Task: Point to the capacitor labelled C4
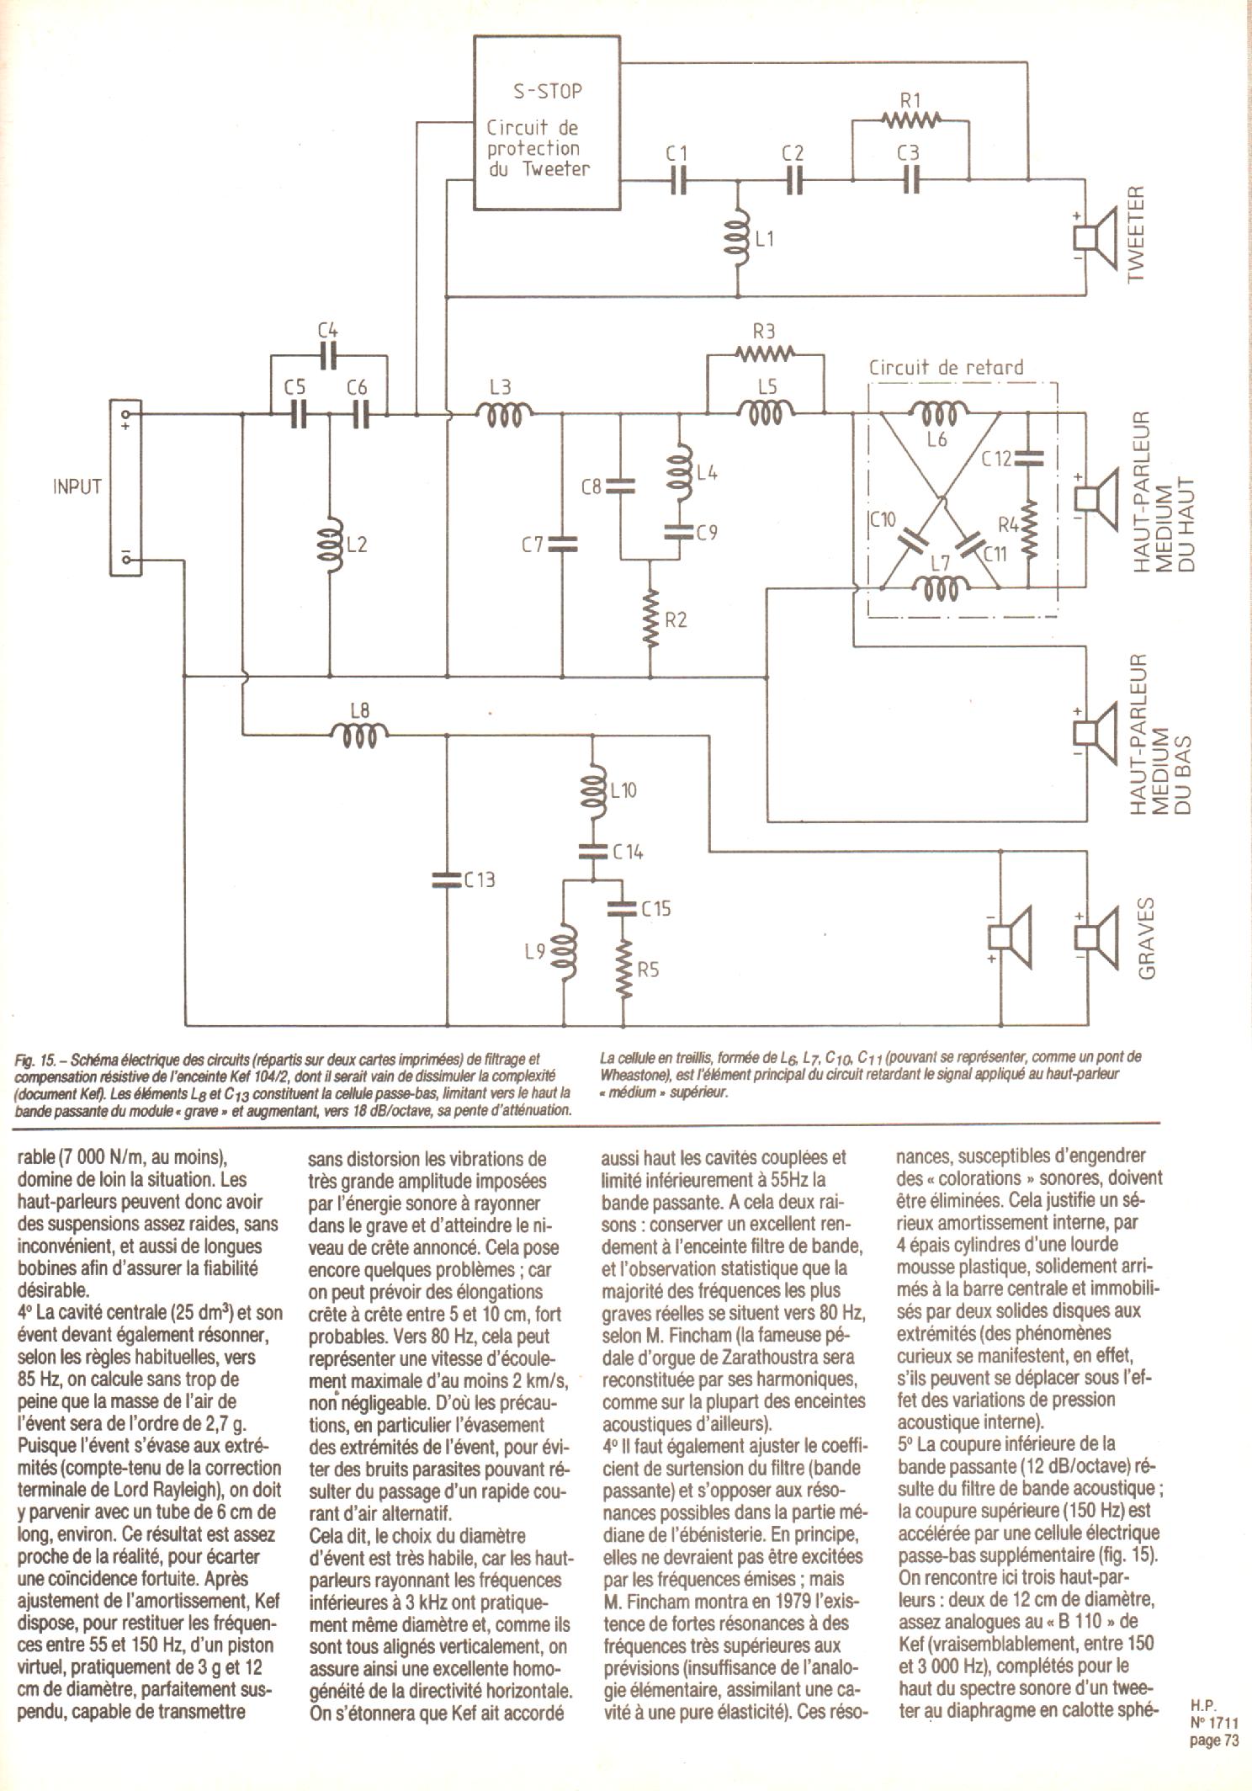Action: point(329,358)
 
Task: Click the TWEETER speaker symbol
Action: point(1095,237)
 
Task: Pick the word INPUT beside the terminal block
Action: point(77,487)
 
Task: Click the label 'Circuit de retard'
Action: point(946,368)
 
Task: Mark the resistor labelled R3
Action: point(763,353)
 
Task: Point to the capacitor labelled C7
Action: point(561,545)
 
